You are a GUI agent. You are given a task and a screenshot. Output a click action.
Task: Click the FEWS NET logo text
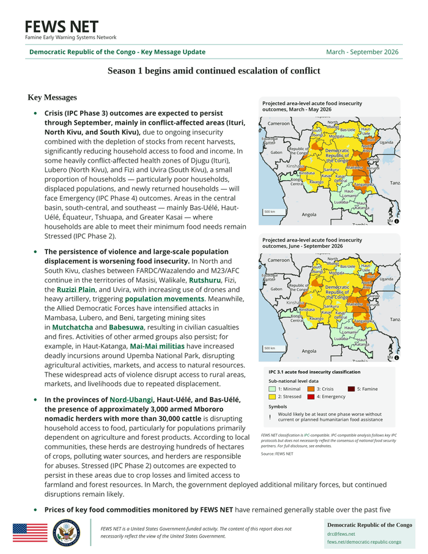(61, 27)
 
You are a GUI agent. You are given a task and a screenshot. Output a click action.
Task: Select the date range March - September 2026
(362, 52)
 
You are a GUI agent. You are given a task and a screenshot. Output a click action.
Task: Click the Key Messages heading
(53, 98)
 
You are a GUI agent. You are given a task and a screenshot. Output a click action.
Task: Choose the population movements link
(164, 299)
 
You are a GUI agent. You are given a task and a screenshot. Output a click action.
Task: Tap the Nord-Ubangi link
(131, 400)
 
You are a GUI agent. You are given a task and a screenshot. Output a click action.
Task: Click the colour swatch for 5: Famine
(352, 389)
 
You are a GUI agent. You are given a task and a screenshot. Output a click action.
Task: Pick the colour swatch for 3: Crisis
(311, 389)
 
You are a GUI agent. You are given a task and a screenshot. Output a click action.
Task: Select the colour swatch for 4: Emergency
(311, 397)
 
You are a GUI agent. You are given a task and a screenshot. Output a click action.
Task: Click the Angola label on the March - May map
(309, 215)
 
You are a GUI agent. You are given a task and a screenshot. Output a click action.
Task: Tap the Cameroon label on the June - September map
(279, 260)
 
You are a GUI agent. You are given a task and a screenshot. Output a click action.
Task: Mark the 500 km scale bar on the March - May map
(270, 212)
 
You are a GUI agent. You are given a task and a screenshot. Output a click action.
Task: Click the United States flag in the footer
(30, 533)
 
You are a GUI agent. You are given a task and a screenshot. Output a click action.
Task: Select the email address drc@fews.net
(341, 534)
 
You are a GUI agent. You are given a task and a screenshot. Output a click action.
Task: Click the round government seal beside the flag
(66, 533)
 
